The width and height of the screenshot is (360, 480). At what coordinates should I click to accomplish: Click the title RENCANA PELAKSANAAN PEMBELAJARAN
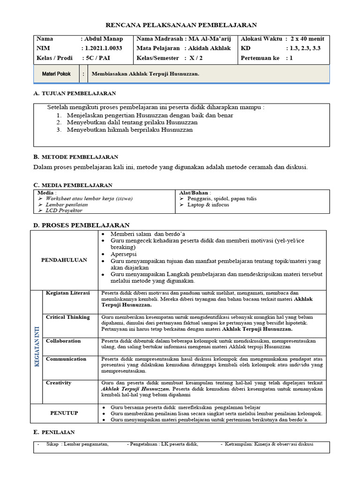click(x=180, y=25)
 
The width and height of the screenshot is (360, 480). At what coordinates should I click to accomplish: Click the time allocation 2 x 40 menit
click(x=307, y=39)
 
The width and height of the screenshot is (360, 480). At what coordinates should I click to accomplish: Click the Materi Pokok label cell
click(x=56, y=74)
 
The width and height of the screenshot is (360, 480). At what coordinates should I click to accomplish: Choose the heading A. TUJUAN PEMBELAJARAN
click(x=75, y=94)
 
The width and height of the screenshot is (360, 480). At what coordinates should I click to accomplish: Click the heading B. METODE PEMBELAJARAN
click(x=76, y=157)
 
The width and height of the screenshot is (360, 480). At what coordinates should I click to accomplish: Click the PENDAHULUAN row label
click(x=64, y=260)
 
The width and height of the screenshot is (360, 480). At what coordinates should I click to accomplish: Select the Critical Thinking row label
click(x=67, y=317)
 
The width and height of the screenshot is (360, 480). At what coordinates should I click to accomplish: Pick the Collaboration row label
click(x=63, y=341)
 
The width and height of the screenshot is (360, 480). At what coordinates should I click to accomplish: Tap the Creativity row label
click(x=59, y=383)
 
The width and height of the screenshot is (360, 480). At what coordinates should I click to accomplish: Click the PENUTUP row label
click(x=64, y=413)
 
